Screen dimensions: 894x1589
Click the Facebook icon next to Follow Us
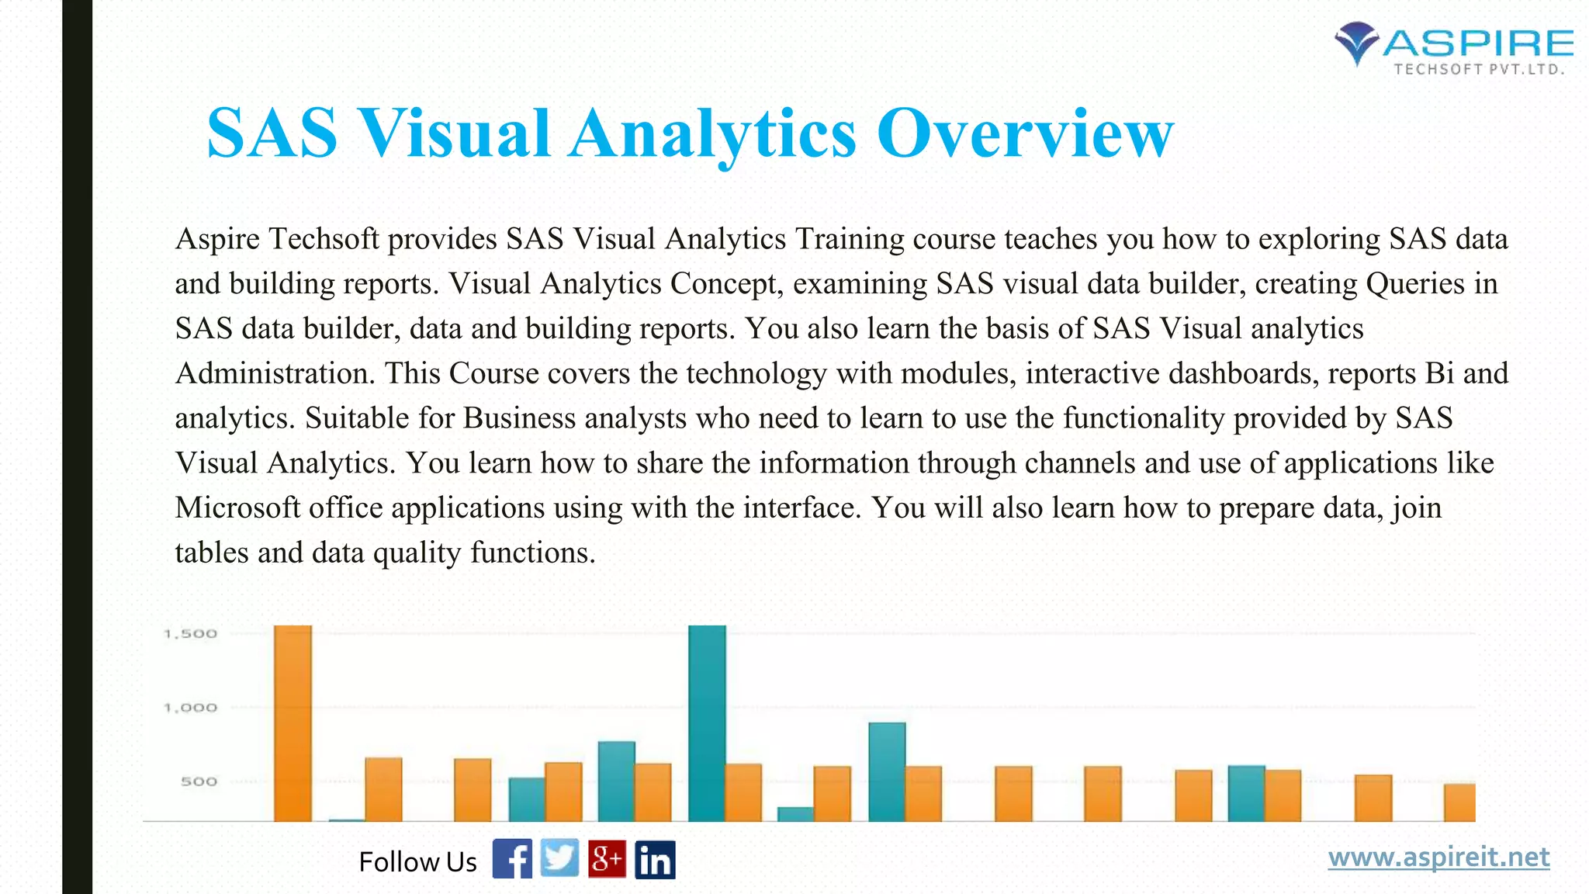[x=512, y=859]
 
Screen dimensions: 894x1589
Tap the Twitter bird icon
[x=559, y=858]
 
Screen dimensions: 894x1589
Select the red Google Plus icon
[x=607, y=859]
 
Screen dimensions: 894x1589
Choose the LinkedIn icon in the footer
[x=655, y=860]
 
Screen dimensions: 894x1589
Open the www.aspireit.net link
[x=1438, y=858]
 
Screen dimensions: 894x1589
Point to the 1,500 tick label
[x=191, y=634]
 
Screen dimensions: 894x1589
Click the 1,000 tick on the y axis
[x=191, y=708]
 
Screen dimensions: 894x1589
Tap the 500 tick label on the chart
[x=199, y=781]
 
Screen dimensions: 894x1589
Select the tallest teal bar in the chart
[x=707, y=722]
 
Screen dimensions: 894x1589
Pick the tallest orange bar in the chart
[x=293, y=722]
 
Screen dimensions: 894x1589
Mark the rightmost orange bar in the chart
[x=1459, y=802]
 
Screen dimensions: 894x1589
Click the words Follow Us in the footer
[x=417, y=861]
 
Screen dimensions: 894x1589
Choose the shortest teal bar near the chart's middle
[x=795, y=814]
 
